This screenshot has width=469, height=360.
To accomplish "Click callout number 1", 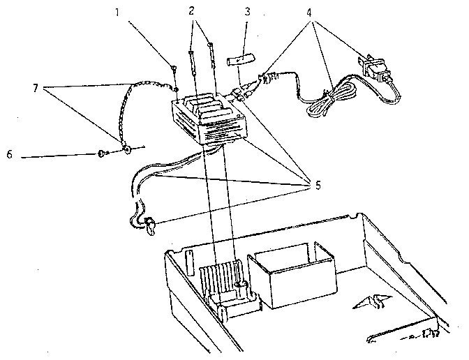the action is tap(117, 13).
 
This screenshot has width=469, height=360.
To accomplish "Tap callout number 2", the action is tap(191, 11).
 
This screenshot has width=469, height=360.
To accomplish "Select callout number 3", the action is tap(247, 12).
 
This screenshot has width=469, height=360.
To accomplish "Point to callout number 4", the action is tap(309, 13).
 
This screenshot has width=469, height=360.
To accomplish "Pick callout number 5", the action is tap(318, 186).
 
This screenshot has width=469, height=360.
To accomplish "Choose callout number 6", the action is tap(10, 155).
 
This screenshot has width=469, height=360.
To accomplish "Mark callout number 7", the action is tap(36, 88).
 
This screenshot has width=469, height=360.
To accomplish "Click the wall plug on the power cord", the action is tap(375, 69).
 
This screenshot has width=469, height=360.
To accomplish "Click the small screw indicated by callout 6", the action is tap(101, 154).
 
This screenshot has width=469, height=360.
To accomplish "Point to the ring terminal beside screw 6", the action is tap(127, 149).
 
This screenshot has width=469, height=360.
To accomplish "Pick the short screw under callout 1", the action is tap(173, 69).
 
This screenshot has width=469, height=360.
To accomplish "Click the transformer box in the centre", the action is tap(207, 119).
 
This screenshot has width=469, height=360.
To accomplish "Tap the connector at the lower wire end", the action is tap(150, 226).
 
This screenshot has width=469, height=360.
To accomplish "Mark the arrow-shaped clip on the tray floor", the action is tap(373, 301).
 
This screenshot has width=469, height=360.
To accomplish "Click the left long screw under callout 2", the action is tap(192, 63).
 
